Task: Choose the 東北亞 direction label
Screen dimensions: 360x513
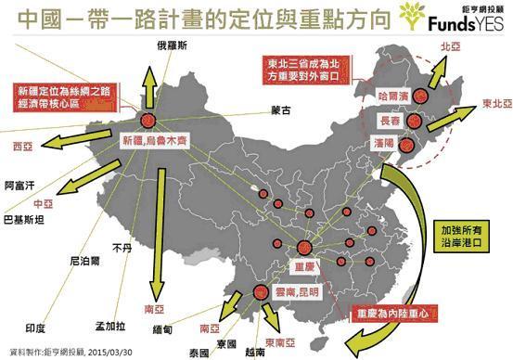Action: [x=494, y=104]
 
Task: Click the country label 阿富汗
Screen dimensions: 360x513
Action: [x=19, y=185]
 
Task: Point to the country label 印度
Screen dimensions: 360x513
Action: [x=35, y=328]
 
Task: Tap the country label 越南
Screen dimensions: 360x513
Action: [x=253, y=353]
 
